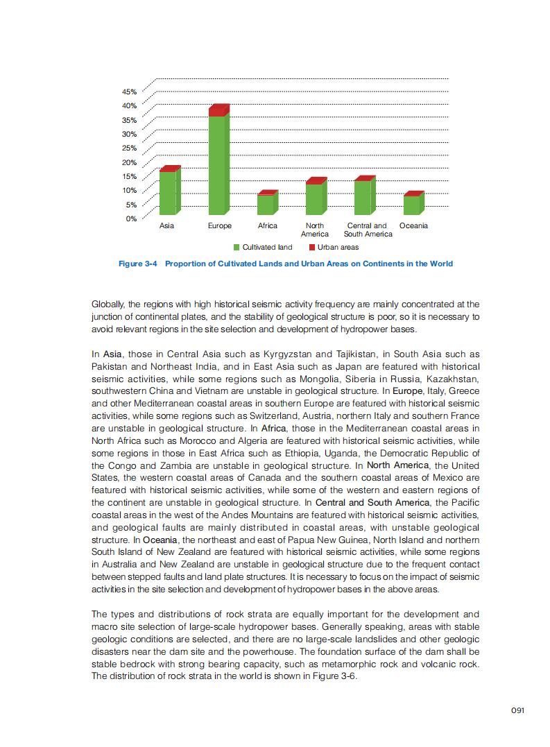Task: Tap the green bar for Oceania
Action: (411, 205)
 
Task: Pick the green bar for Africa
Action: (266, 205)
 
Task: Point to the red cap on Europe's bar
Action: (218, 110)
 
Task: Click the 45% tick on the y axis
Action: (130, 92)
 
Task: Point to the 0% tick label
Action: (131, 218)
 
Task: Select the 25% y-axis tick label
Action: (130, 148)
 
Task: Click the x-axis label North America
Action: (314, 230)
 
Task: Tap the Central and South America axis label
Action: (368, 230)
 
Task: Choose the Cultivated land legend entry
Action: (263, 248)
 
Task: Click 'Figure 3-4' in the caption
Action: (139, 264)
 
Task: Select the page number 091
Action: (517, 710)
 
